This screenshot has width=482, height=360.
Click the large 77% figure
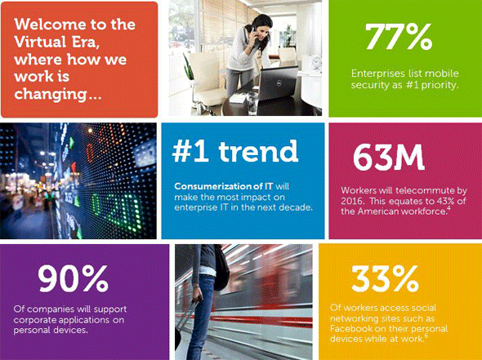399,37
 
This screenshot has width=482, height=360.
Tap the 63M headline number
389,157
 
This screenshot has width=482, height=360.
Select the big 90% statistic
73,278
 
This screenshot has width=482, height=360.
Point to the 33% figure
385,278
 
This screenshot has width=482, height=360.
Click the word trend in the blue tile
258,151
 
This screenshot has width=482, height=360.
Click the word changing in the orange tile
51,94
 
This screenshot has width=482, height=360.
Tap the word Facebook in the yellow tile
351,328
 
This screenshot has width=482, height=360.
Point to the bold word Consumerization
213,186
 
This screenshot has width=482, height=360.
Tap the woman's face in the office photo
261,29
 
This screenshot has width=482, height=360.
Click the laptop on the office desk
278,83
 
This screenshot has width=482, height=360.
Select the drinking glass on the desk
252,103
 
